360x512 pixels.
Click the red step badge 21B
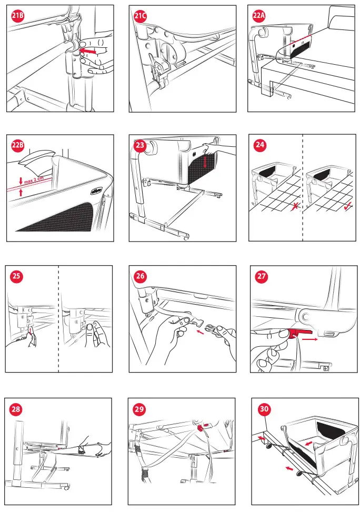click(18, 16)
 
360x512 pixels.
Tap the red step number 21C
click(141, 16)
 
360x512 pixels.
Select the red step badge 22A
click(259, 16)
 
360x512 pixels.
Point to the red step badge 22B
click(18, 145)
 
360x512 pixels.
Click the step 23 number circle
click(141, 145)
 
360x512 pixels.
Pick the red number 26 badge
click(141, 276)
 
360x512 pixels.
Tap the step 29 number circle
click(139, 409)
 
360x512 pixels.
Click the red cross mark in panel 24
click(295, 206)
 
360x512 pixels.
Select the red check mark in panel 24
click(348, 206)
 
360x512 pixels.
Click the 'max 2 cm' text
click(34, 179)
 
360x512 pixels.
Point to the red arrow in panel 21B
click(87, 51)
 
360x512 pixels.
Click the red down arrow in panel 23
click(205, 162)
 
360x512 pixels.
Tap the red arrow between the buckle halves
click(200, 333)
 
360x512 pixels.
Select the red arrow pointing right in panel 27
click(309, 339)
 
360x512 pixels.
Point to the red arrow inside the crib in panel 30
click(308, 444)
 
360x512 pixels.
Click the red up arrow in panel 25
click(31, 332)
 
